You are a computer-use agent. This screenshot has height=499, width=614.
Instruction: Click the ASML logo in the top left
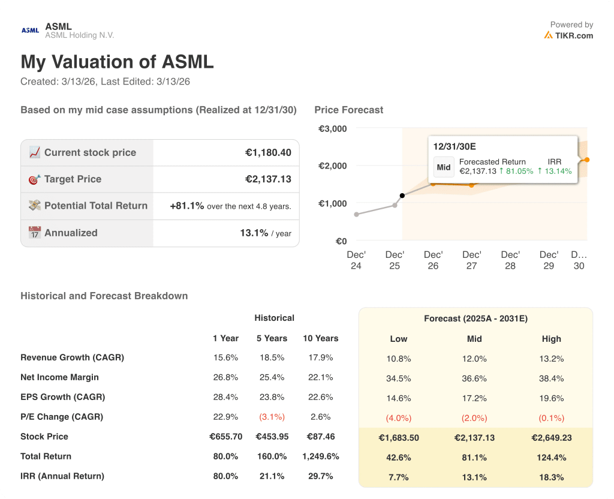(30, 30)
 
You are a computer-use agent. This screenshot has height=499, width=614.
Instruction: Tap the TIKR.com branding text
(574, 35)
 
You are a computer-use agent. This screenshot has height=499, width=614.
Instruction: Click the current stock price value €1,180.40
(268, 153)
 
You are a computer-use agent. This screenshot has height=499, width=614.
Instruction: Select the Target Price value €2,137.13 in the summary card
(268, 179)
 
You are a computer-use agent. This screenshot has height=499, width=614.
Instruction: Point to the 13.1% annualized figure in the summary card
(254, 233)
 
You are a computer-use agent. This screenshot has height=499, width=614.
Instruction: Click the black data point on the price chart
(402, 196)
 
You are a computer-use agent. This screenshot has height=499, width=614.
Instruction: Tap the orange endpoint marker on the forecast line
(586, 160)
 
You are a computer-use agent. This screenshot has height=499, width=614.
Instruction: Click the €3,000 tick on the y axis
(332, 128)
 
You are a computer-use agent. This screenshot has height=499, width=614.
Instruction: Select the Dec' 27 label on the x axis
(471, 260)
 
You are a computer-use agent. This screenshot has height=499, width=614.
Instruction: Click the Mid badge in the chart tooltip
(444, 167)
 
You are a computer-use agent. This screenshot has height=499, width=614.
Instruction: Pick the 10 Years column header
(320, 338)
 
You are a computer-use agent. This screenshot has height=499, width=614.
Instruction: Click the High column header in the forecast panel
(551, 339)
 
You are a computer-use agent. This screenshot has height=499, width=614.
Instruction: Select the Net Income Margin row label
(59, 377)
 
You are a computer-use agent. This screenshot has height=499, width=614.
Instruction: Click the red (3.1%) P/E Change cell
(271, 417)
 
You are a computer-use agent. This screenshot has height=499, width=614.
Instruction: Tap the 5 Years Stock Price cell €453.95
(271, 437)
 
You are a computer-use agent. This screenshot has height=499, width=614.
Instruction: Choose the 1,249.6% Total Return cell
(320, 456)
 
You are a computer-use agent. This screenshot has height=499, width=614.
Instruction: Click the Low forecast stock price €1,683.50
(398, 438)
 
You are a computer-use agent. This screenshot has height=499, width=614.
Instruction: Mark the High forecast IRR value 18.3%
(551, 477)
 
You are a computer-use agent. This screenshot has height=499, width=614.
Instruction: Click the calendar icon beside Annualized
(35, 233)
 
